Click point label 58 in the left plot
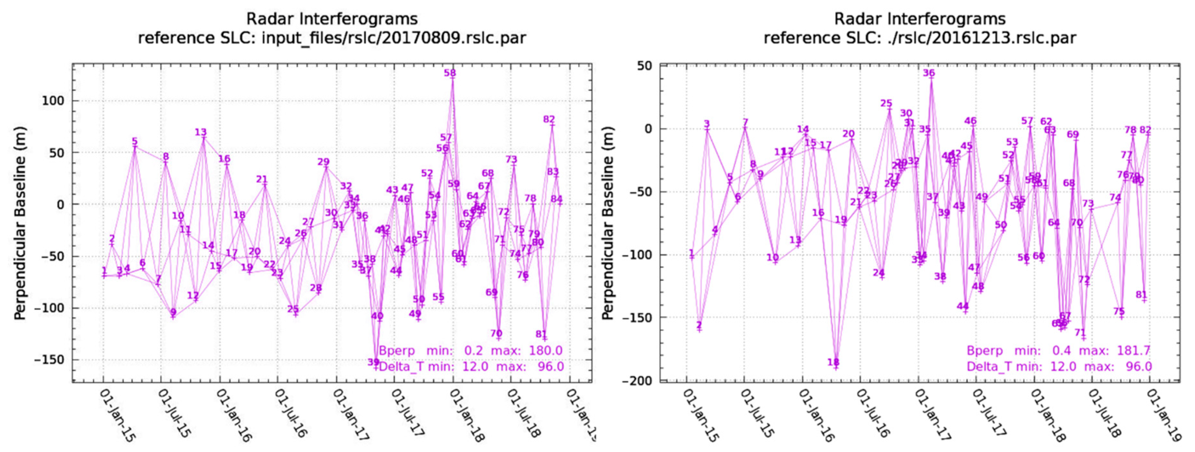(x=450, y=73)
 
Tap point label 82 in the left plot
(x=549, y=119)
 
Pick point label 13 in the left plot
(x=200, y=132)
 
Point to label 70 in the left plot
(x=496, y=333)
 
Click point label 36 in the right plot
(x=929, y=73)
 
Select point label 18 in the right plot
(x=833, y=362)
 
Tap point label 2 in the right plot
(x=699, y=325)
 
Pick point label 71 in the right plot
(x=1080, y=333)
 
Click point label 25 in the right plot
(x=887, y=103)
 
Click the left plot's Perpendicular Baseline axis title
(x=20, y=223)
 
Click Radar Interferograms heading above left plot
(x=332, y=19)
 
